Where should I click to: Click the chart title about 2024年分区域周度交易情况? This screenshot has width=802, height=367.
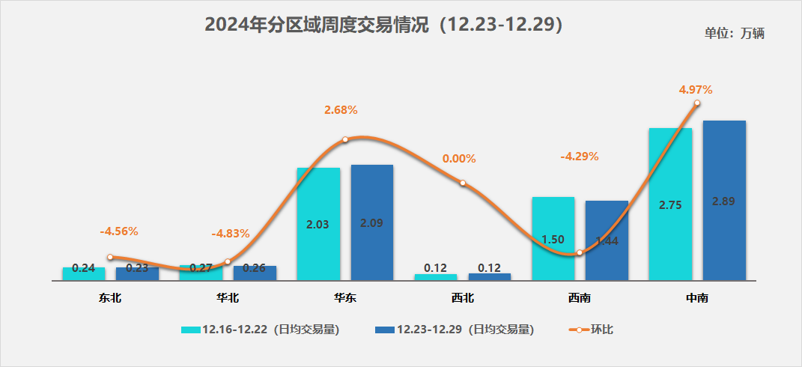[383, 25]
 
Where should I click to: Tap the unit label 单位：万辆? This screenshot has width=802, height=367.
[734, 33]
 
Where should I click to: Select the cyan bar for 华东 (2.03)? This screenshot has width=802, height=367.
[318, 224]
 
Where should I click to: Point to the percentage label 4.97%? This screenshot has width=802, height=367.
[696, 90]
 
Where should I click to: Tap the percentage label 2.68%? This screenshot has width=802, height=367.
[341, 110]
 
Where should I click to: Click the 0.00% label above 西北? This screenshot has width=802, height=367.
[459, 159]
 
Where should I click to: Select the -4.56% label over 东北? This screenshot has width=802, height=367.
[119, 231]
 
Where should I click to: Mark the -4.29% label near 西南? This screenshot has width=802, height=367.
[580, 157]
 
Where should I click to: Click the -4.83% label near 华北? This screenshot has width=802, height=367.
[231, 234]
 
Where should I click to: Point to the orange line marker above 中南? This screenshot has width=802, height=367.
[697, 103]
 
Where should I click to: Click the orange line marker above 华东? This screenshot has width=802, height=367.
[345, 140]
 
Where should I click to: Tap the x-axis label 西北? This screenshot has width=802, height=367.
[463, 298]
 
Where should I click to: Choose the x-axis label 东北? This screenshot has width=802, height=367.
[109, 298]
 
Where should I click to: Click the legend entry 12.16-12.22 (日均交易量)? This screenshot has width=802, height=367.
[261, 330]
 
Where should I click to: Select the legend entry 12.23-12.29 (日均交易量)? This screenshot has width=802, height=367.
[455, 330]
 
